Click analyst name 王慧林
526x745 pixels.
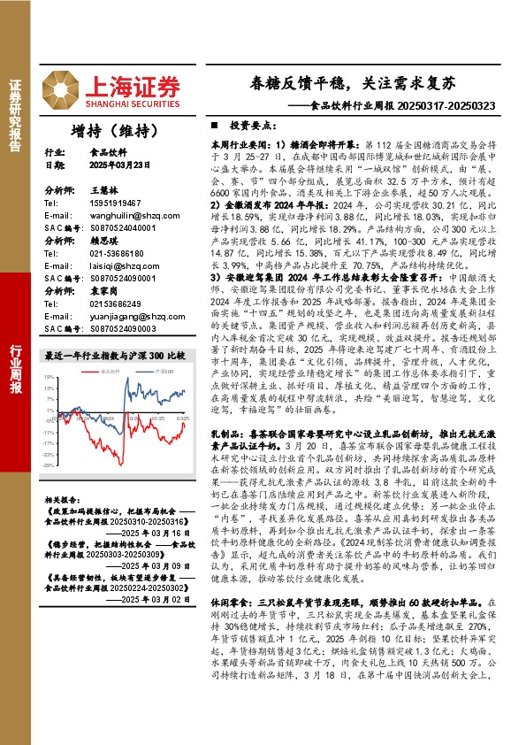[103, 190]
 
